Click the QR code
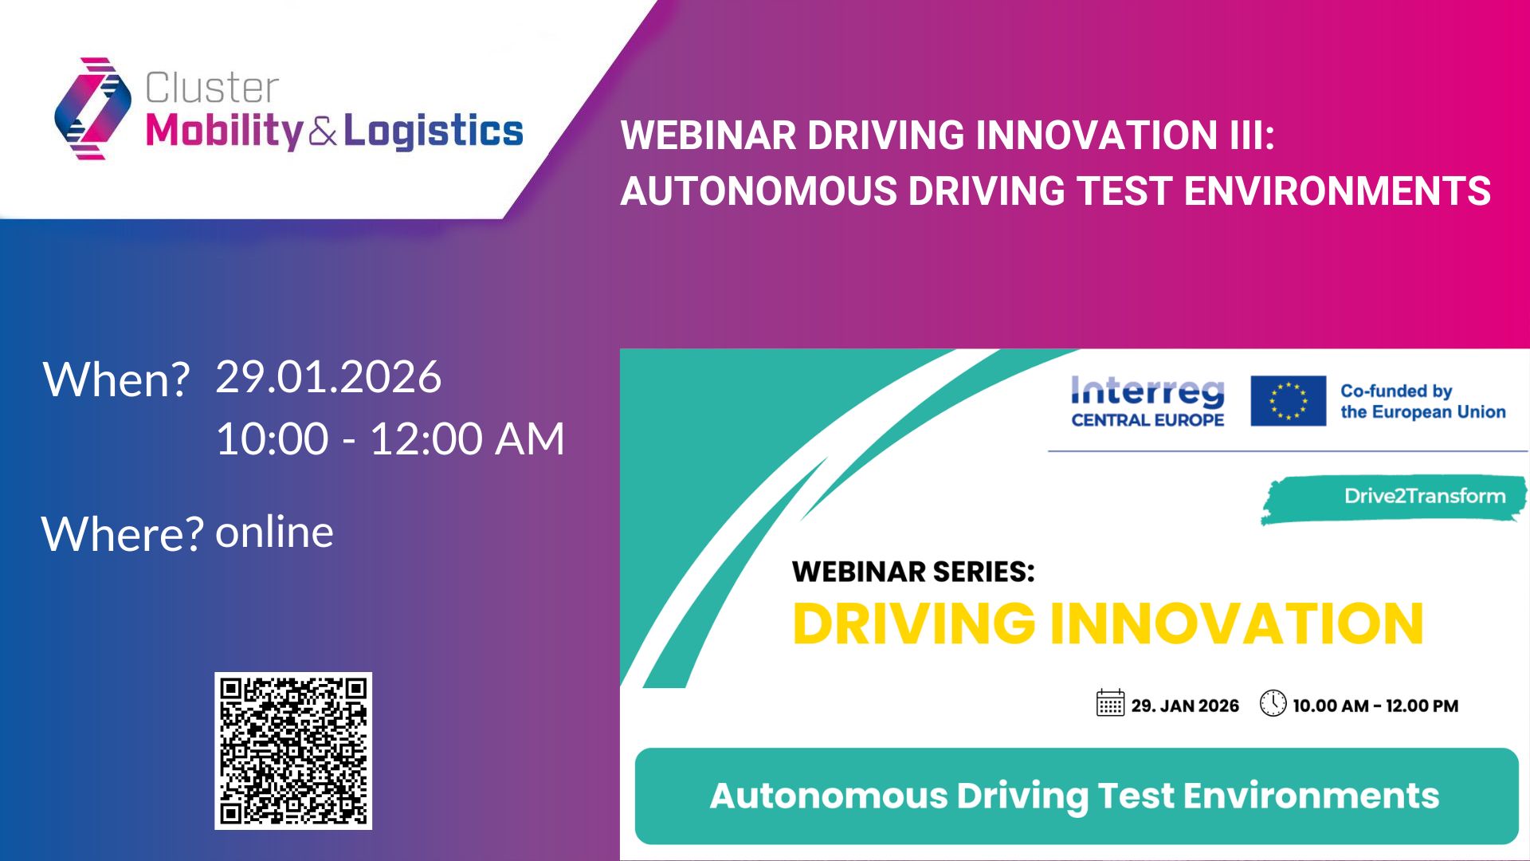(293, 750)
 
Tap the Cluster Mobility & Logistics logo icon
(92, 108)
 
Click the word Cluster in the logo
(212, 88)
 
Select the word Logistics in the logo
(433, 131)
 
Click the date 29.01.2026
(328, 376)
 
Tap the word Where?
(122, 533)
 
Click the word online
(274, 532)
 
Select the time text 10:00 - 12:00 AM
(390, 438)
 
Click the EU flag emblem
(1289, 401)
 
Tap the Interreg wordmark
(1147, 391)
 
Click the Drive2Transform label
(1425, 496)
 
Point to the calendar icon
(1110, 703)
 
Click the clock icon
(1273, 703)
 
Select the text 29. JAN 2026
(1185, 706)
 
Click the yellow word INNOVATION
(1237, 623)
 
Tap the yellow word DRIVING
(914, 623)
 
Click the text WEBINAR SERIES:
(913, 572)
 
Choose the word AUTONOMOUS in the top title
(759, 191)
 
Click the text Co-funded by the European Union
(1423, 401)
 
